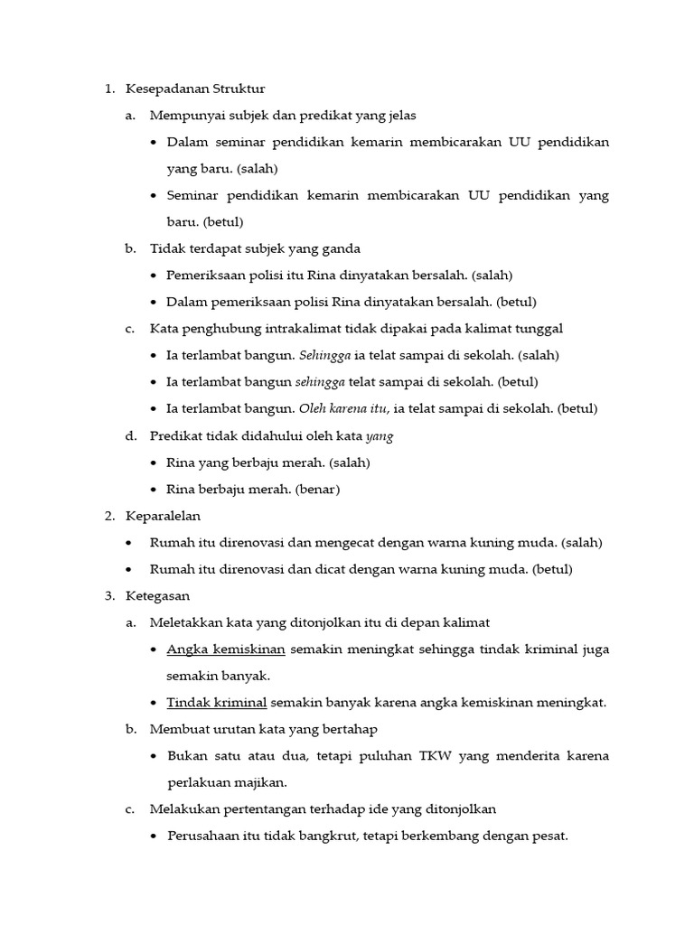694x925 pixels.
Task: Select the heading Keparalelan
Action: (163, 516)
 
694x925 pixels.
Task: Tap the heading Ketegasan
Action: (158, 596)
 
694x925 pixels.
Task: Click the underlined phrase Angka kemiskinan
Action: (226, 649)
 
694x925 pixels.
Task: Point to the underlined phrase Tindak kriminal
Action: (217, 702)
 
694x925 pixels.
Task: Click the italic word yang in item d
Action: (380, 435)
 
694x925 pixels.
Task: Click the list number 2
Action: (108, 516)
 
